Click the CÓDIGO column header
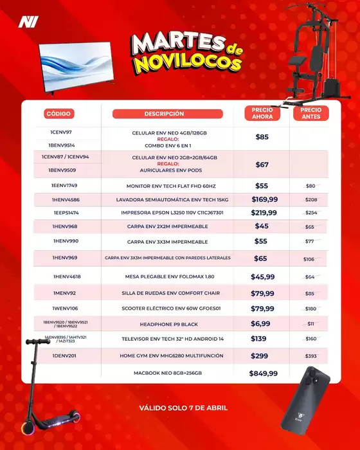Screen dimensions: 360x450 click(59, 114)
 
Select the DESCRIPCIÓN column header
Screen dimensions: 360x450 click(167, 114)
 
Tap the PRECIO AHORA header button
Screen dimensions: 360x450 click(262, 114)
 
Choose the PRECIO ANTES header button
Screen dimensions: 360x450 click(310, 114)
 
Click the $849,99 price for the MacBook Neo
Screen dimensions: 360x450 click(264, 373)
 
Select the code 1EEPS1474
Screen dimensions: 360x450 click(66, 213)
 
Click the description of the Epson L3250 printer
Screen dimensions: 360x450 click(169, 213)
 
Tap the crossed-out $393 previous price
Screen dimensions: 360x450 click(310, 356)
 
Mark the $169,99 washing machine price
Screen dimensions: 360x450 click(264, 199)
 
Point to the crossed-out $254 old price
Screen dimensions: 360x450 click(310, 213)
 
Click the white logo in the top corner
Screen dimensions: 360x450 click(28, 21)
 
